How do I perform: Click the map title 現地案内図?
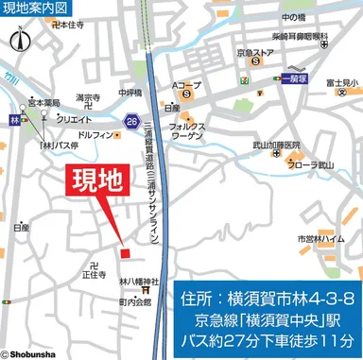[x=36, y=9]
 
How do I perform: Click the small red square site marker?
[x=124, y=251]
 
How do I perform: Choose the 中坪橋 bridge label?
[x=128, y=93]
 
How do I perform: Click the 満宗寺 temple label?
[x=89, y=97]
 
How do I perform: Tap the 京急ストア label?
[x=256, y=52]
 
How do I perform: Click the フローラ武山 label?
[x=313, y=165]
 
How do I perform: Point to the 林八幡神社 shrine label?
[x=138, y=281]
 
